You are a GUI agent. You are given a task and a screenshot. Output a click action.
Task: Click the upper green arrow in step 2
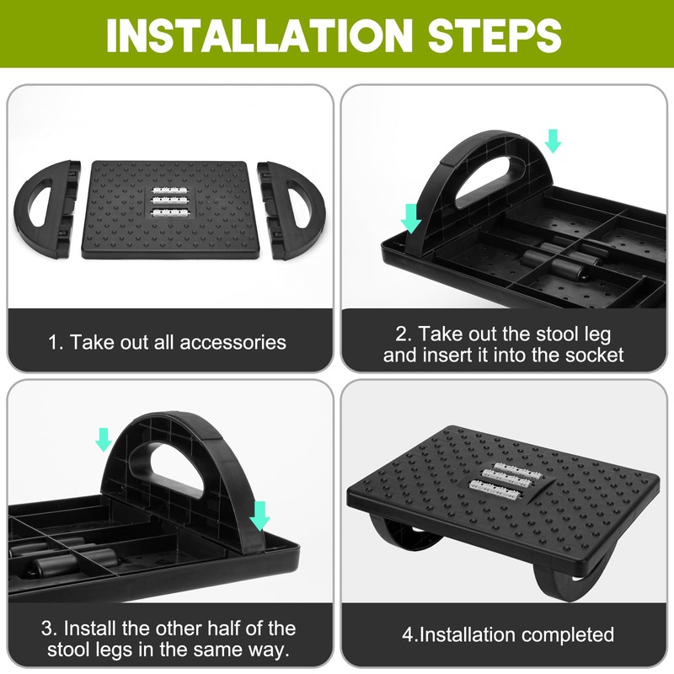[553, 141]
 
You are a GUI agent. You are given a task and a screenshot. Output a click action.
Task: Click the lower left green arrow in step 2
[411, 217]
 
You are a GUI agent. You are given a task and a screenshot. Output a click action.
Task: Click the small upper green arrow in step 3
[103, 438]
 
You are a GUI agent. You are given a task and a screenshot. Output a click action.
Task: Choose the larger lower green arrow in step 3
[259, 515]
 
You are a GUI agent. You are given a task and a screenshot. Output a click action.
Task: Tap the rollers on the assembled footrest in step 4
[504, 478]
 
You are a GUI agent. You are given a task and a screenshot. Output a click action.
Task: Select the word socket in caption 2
[595, 355]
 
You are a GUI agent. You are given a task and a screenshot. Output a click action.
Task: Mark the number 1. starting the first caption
[56, 343]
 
